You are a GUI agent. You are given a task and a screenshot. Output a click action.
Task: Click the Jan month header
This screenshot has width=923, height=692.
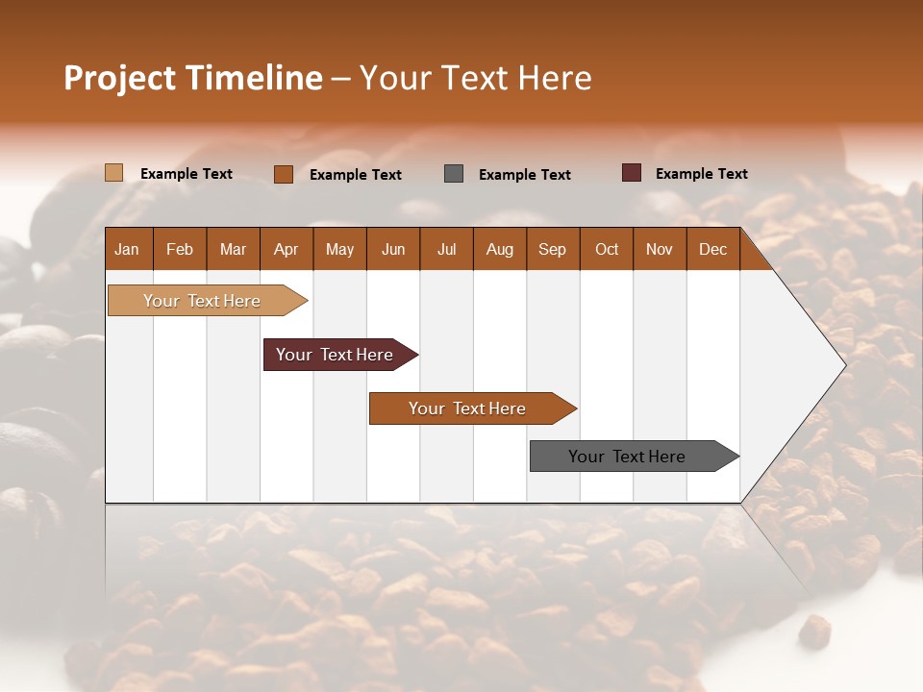pyautogui.click(x=128, y=249)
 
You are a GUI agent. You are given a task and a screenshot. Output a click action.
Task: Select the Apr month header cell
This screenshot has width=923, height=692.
pyautogui.click(x=287, y=249)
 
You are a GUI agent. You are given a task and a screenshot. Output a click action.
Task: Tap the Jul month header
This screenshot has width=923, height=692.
pyautogui.click(x=446, y=249)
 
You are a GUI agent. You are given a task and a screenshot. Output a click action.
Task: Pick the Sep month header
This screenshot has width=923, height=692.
pyautogui.click(x=553, y=249)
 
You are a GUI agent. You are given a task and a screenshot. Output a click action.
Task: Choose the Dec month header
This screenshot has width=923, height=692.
pyautogui.click(x=712, y=249)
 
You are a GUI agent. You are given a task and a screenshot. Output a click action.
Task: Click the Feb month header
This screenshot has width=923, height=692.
pyautogui.click(x=180, y=249)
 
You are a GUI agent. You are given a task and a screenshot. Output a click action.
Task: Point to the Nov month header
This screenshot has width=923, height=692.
pyautogui.click(x=660, y=249)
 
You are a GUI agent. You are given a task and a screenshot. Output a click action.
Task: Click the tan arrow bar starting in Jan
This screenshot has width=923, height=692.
pyautogui.click(x=203, y=301)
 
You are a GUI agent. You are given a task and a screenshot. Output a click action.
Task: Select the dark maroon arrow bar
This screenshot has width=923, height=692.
pyautogui.click(x=336, y=355)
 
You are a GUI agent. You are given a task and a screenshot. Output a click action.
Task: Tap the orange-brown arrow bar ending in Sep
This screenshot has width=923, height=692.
pyautogui.click(x=468, y=408)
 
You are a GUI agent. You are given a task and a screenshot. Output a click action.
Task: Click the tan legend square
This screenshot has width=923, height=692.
pyautogui.click(x=114, y=173)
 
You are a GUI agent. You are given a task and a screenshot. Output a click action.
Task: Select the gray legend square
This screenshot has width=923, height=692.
pyautogui.click(x=454, y=174)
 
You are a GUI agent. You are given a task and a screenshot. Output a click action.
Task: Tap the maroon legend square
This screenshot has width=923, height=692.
pyautogui.click(x=632, y=173)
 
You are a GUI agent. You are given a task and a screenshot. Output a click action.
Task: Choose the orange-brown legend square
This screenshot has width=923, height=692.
pyautogui.click(x=284, y=174)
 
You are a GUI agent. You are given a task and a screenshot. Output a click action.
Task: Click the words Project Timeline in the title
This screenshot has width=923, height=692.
pyautogui.click(x=193, y=78)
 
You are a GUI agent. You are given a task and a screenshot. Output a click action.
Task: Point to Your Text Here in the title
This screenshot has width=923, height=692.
pyautogui.click(x=476, y=78)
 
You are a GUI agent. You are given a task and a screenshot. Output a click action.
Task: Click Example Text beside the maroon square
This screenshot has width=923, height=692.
pyautogui.click(x=701, y=174)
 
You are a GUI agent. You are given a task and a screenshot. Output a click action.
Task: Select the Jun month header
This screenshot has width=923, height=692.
pyautogui.click(x=393, y=249)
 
